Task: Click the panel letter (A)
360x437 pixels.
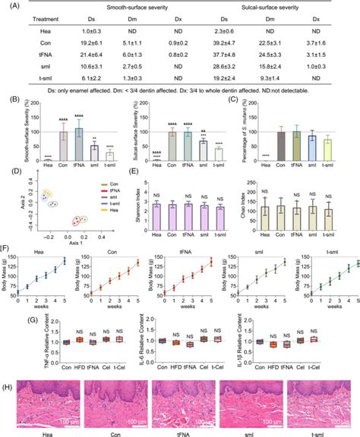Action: coord(8,5)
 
